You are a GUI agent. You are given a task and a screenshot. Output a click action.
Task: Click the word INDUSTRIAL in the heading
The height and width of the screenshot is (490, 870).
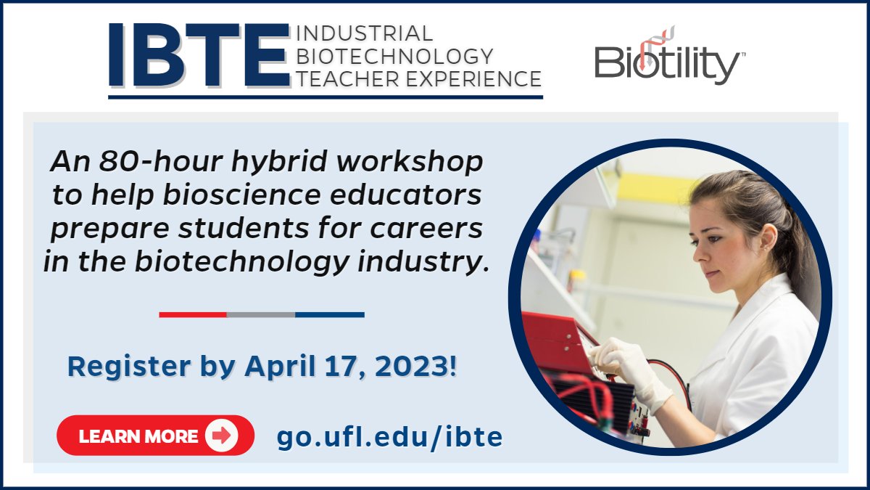pyautogui.click(x=365, y=33)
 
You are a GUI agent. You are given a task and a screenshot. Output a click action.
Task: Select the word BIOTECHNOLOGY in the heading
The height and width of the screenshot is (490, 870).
pyautogui.click(x=395, y=56)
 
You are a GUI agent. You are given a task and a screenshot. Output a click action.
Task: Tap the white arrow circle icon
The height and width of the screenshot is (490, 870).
pyautogui.click(x=221, y=436)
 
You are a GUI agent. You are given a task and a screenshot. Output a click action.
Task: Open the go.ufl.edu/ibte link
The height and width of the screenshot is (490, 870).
pyautogui.click(x=389, y=437)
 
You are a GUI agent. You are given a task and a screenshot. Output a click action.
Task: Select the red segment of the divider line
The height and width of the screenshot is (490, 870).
pyautogui.click(x=193, y=314)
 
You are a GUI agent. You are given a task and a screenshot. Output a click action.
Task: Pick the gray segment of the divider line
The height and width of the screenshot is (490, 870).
pyautogui.click(x=261, y=314)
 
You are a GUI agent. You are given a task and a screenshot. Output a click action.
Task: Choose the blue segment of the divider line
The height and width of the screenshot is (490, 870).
pyautogui.click(x=330, y=314)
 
